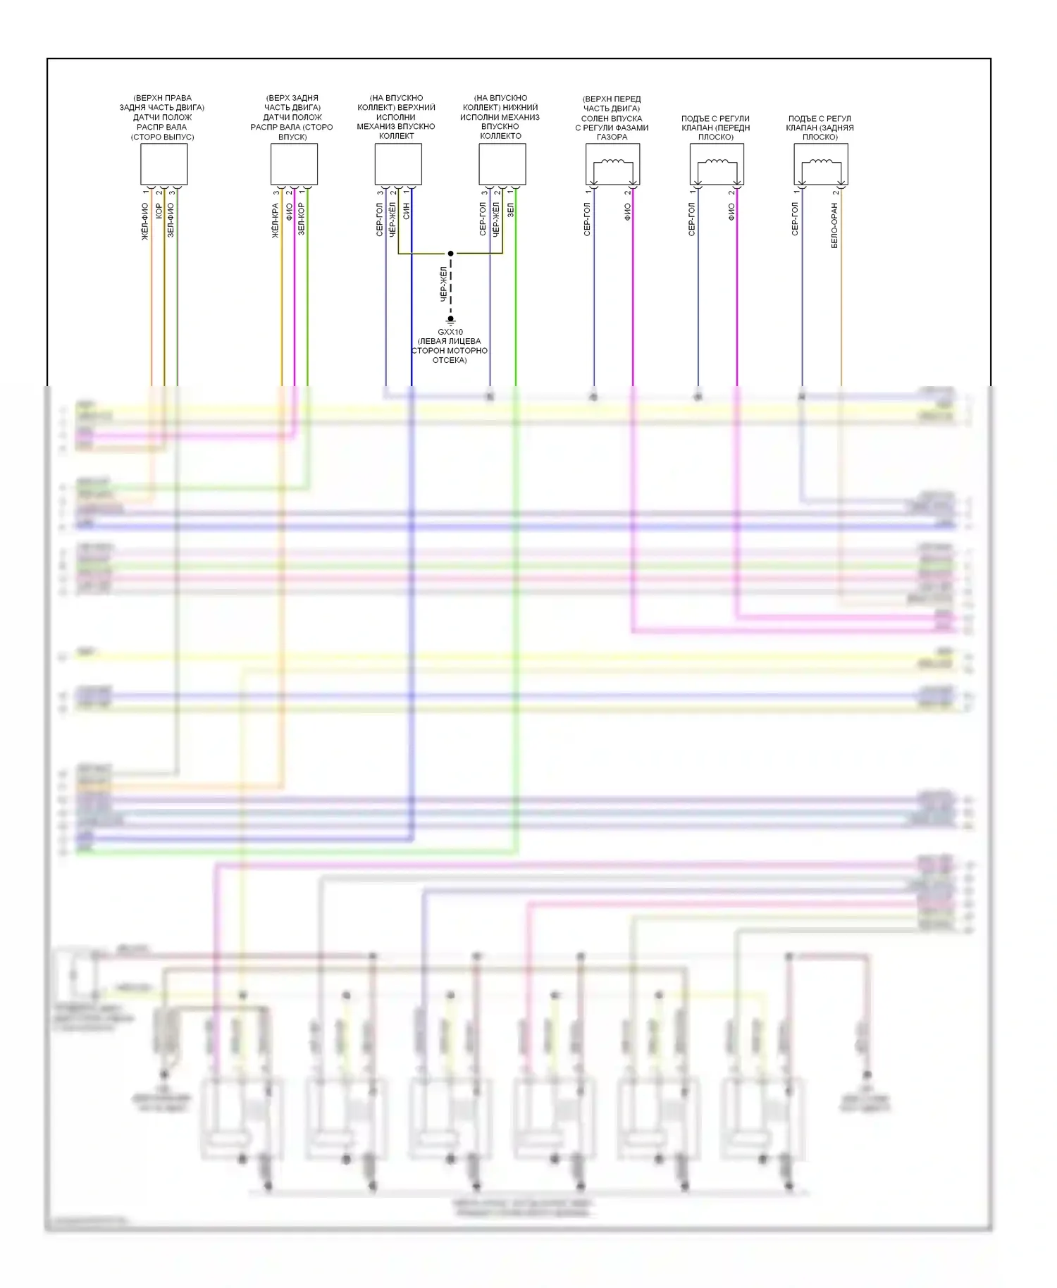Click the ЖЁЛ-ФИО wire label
coord(145,222)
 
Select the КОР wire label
coord(159,211)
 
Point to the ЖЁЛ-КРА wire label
coord(276,221)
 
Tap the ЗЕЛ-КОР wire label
coord(302,218)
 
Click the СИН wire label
coord(406,211)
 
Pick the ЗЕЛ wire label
coord(510,210)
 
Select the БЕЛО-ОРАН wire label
coord(834,225)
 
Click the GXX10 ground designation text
coord(450,332)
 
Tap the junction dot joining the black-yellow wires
coord(451,254)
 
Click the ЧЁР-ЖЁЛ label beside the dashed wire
coord(443,285)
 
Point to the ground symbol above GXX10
coord(451,321)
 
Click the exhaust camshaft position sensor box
coord(164,164)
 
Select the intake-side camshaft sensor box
coord(294,164)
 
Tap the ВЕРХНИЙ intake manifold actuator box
coord(398,164)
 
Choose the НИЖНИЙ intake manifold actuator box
coord(502,164)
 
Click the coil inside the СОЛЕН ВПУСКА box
coord(612,163)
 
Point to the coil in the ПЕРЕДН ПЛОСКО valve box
coord(717,163)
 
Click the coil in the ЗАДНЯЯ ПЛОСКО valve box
coord(821,163)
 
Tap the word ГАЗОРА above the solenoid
coord(612,137)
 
